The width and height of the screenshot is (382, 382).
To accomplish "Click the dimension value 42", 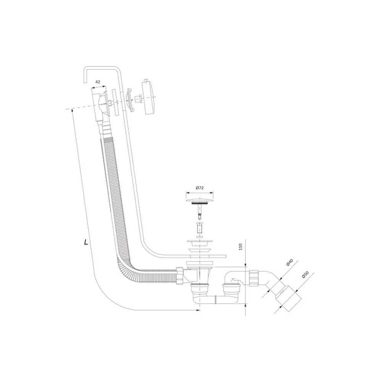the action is [x=97, y=82].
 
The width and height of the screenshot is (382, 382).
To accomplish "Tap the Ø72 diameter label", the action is [x=199, y=188].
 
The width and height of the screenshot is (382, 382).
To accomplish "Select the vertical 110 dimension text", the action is [x=241, y=246].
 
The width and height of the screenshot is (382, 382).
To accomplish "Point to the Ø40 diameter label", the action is [x=289, y=263].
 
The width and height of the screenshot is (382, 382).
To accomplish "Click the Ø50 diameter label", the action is [x=305, y=275].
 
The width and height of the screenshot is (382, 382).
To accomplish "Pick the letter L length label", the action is [x=86, y=242].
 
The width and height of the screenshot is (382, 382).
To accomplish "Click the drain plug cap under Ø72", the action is [x=200, y=200].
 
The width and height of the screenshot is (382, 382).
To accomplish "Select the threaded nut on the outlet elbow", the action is [x=254, y=277].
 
